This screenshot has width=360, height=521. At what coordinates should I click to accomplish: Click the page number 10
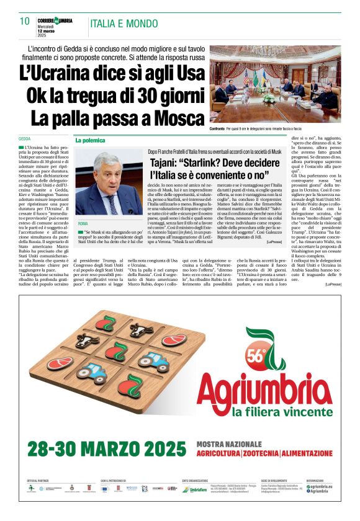pyautogui.click(x=25, y=21)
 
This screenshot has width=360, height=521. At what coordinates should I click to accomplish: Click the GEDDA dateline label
pyautogui.click(x=25, y=138)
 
